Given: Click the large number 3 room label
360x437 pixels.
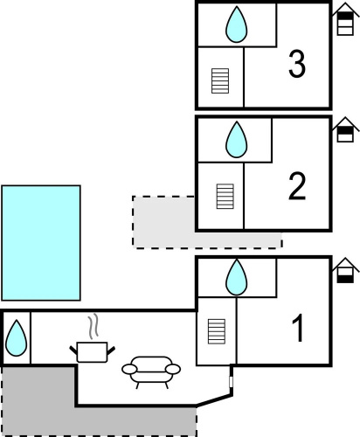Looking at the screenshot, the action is (x=297, y=64).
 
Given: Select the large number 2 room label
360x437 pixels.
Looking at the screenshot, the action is (x=297, y=186).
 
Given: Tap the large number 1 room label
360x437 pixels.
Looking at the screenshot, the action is (x=299, y=328).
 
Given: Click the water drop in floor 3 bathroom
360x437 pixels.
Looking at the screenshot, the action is (x=237, y=24).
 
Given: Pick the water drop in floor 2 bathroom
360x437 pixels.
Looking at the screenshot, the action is (x=237, y=140).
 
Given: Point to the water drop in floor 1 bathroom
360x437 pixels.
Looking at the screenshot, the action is (x=237, y=277).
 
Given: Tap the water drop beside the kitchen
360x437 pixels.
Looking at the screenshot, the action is (x=17, y=338).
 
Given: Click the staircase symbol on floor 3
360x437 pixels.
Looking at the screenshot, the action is (x=220, y=80).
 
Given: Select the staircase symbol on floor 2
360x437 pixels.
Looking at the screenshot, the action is (x=225, y=197).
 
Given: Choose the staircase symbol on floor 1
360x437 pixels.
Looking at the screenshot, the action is (x=217, y=331).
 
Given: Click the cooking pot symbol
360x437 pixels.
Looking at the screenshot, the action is (x=92, y=352).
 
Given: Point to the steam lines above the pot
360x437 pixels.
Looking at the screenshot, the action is (x=93, y=326).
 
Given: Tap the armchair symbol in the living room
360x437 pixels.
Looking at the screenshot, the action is (x=151, y=372).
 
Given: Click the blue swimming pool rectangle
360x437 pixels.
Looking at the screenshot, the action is (x=41, y=243).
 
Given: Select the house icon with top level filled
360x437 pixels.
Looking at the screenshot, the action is (x=345, y=19).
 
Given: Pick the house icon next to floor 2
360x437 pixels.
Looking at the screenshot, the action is (x=345, y=129).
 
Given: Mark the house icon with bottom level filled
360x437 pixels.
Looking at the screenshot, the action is (x=345, y=270).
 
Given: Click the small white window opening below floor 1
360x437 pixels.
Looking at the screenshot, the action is (x=232, y=382).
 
